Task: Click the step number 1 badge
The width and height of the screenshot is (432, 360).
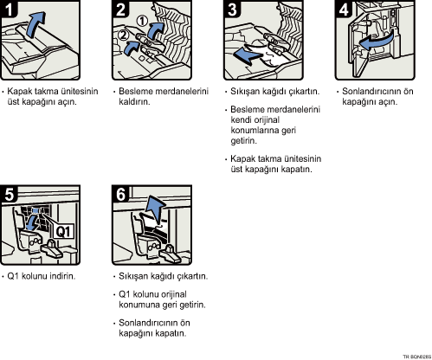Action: point(9,9)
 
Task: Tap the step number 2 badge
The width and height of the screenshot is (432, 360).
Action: point(120,9)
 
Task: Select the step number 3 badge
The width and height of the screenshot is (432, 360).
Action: point(232,9)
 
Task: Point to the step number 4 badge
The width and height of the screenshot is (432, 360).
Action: point(344,9)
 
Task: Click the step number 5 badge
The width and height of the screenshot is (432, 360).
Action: point(9,194)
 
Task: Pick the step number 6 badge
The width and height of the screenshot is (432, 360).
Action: point(120,194)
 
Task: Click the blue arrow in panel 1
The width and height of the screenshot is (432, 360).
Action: point(35,24)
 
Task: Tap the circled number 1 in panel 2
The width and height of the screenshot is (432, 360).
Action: point(142,21)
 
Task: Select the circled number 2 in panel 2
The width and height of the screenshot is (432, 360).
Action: point(123,35)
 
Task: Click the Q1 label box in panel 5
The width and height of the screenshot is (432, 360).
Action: point(63,231)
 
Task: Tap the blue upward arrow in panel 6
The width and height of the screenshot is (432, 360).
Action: point(156,209)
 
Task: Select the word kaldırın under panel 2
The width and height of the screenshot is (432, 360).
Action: point(134,101)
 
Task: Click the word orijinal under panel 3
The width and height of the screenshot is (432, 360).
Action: point(267,119)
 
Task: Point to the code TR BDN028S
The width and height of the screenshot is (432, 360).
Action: point(417,357)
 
